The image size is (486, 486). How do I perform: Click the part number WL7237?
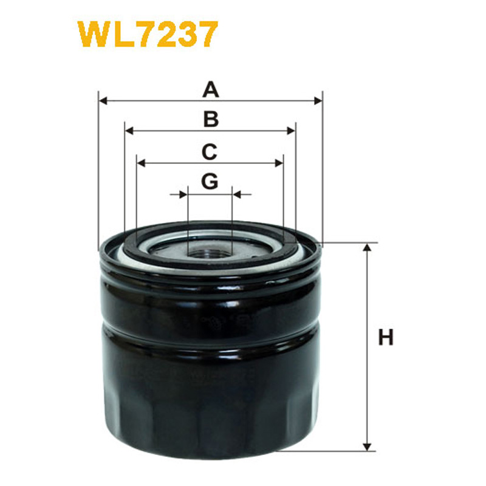(148, 34)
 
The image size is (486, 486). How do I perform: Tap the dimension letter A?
(211, 89)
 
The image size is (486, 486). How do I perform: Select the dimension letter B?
(211, 119)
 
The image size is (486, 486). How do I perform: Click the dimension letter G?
(210, 181)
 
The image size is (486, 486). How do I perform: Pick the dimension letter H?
(386, 337)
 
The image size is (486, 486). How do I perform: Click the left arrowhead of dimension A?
(103, 101)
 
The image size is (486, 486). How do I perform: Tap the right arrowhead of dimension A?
(318, 101)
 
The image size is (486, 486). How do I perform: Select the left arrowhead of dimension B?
(129, 131)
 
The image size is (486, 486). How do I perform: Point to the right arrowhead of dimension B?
(291, 131)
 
